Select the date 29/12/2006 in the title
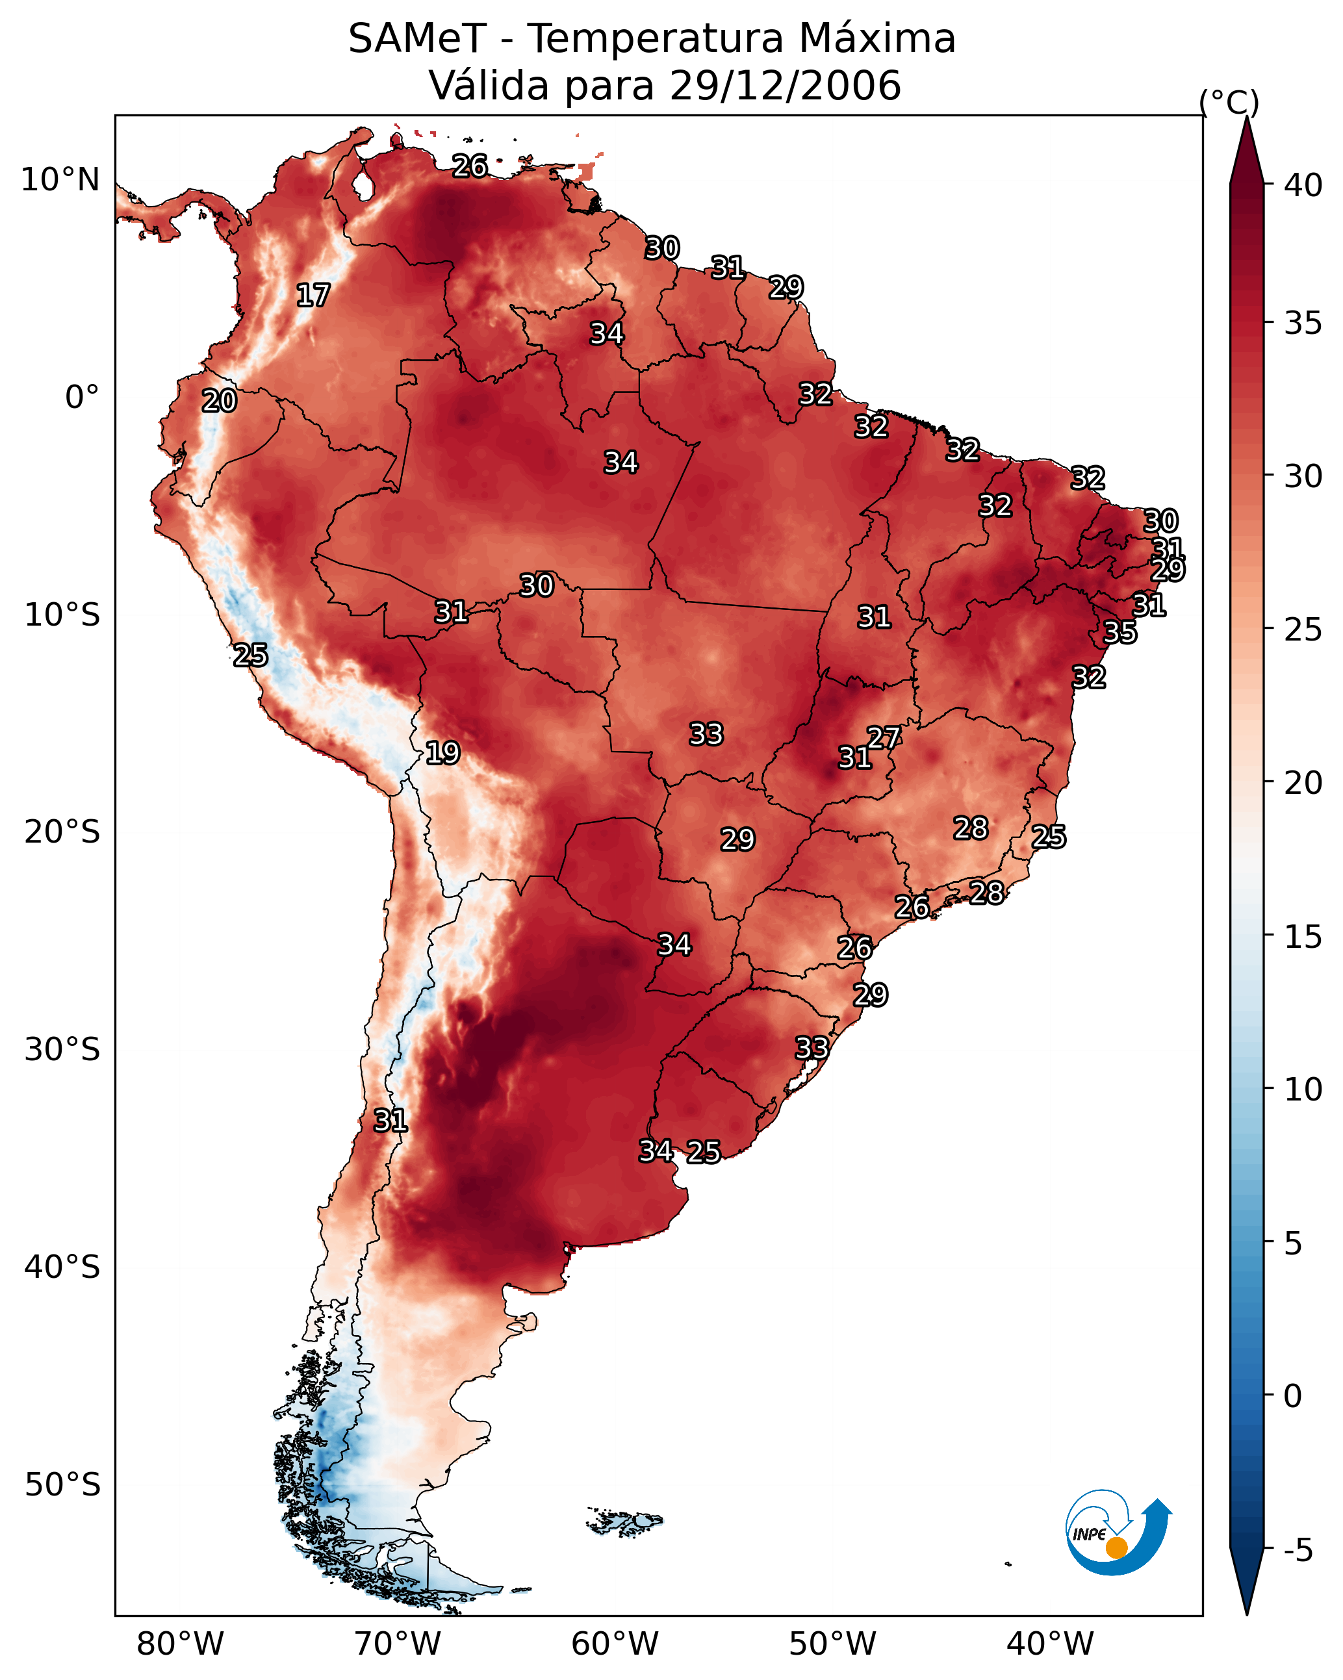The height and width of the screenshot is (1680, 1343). pyautogui.click(x=784, y=86)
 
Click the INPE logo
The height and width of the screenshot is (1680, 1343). pyautogui.click(x=1116, y=1532)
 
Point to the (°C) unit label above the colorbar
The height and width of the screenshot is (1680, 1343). pyautogui.click(x=1229, y=102)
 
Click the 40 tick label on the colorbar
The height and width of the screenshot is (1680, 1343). pyautogui.click(x=1303, y=185)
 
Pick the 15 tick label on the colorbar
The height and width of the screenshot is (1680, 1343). pyautogui.click(x=1303, y=937)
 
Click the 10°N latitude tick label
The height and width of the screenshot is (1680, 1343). pyautogui.click(x=60, y=180)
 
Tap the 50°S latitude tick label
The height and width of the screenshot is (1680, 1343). pyautogui.click(x=62, y=1485)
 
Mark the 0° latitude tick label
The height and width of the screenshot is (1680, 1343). pyautogui.click(x=82, y=398)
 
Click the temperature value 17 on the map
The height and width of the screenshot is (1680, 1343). pyautogui.click(x=313, y=296)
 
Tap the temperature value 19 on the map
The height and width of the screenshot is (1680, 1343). pyautogui.click(x=442, y=753)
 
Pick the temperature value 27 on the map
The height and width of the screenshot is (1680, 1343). pyautogui.click(x=884, y=737)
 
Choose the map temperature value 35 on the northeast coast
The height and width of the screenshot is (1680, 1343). pyautogui.click(x=1120, y=632)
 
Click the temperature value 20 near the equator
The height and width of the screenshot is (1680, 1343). pyautogui.click(x=219, y=401)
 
